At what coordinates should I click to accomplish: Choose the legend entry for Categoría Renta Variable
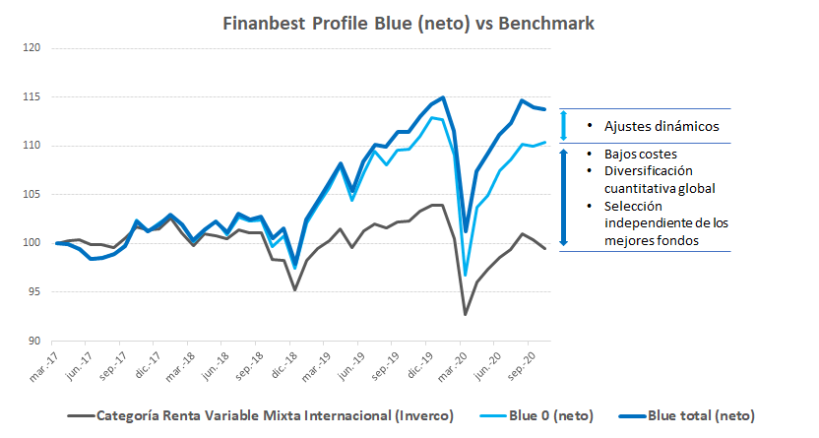click(x=266, y=415)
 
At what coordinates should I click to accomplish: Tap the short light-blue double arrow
click(x=564, y=126)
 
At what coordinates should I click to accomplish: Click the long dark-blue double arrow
click(x=564, y=198)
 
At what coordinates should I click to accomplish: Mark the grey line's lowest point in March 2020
click(x=465, y=314)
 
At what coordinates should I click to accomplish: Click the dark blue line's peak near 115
click(x=443, y=97)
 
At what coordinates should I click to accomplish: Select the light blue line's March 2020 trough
click(x=465, y=275)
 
